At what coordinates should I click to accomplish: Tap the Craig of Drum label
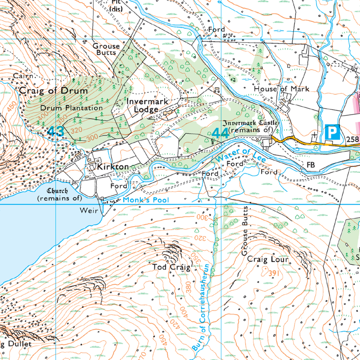53,90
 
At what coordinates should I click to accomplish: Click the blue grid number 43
55,131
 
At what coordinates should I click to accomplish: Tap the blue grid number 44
220,133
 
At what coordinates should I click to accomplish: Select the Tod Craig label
169,267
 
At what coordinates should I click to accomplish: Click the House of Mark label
281,89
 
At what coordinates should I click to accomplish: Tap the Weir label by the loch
89,211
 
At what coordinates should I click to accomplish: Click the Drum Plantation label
71,108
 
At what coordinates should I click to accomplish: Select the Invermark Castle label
251,126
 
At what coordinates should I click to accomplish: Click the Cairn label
23,76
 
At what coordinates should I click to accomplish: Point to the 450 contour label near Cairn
11,106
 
